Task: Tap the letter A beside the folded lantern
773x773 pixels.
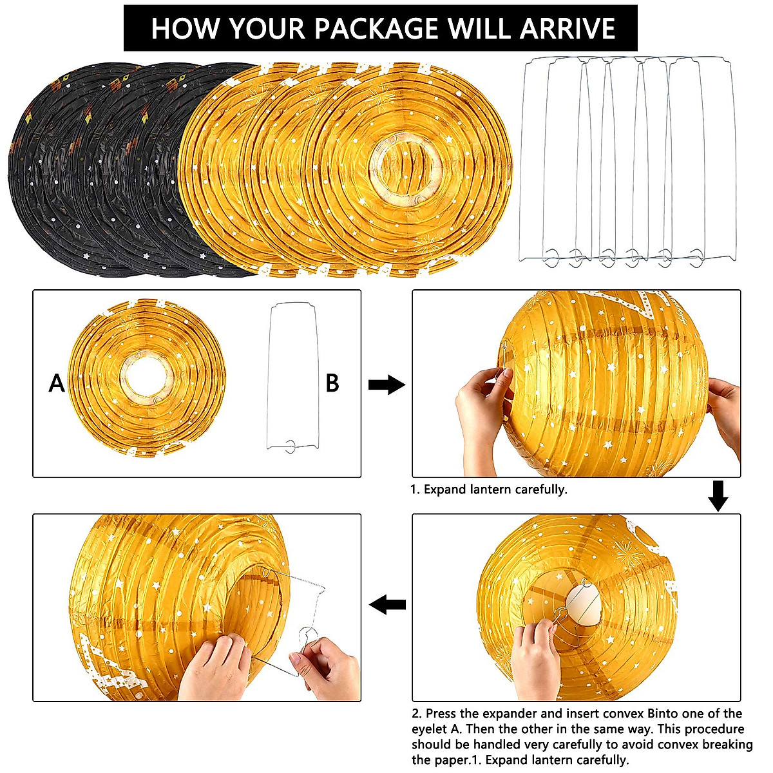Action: click(x=57, y=384)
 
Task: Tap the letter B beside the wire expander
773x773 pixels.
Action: click(x=332, y=383)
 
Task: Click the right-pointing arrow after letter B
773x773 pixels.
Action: click(x=386, y=385)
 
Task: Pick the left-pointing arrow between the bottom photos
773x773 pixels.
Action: click(x=387, y=604)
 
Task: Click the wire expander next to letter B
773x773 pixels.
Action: click(x=293, y=377)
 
